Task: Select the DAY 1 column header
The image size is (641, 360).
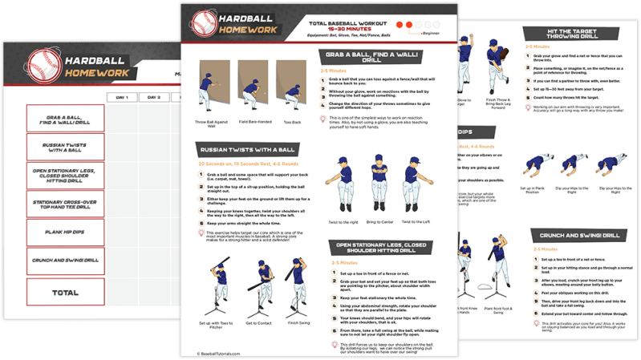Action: (122, 97)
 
